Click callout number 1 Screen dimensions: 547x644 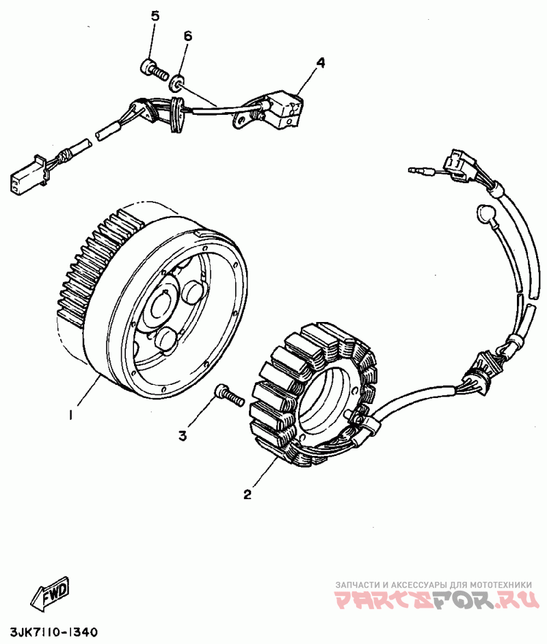coord(72,414)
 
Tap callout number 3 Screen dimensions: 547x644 coord(183,435)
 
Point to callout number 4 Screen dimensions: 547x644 coord(320,63)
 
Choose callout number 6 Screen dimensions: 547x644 coord(188,36)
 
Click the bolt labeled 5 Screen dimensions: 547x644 coord(154,68)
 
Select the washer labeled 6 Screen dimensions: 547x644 coord(177,84)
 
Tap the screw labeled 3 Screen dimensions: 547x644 coord(230,394)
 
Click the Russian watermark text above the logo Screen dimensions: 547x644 coord(433,585)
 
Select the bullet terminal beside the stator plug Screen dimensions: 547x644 coord(419,170)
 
